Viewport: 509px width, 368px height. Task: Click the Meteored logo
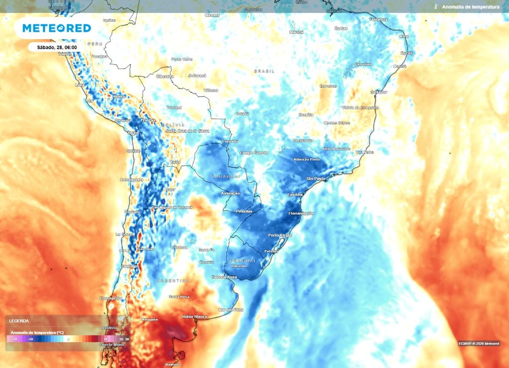coord(57,28)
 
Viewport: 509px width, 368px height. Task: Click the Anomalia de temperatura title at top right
coord(470,7)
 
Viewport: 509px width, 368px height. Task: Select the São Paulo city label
coord(316,178)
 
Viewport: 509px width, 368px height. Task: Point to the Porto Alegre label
coord(280,235)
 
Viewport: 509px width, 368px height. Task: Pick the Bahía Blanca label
coord(194,316)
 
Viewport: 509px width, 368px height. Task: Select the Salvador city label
coord(379,92)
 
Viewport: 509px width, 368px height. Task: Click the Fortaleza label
coord(379,19)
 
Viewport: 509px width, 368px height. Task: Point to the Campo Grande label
coord(254,153)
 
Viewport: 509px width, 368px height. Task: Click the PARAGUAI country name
coord(226,176)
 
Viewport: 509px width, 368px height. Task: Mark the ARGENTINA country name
coord(174,280)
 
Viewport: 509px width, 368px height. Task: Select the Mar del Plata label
coord(232,310)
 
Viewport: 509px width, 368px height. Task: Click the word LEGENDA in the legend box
coord(19,321)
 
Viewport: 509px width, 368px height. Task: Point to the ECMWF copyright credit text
coord(479,343)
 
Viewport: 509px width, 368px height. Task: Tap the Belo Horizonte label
coord(337,149)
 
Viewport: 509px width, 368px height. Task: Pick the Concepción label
coord(111,298)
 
